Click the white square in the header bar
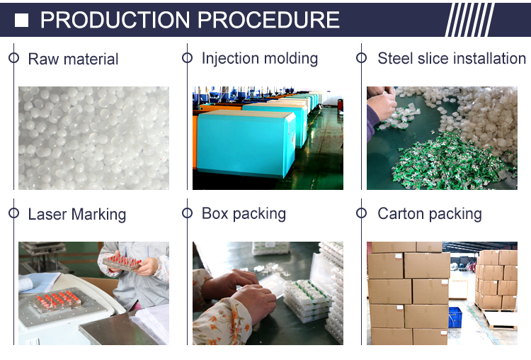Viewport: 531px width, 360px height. (x=21, y=21)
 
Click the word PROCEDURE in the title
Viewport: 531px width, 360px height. (x=268, y=20)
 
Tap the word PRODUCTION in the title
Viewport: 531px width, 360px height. (x=115, y=20)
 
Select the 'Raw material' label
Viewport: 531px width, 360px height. (x=73, y=59)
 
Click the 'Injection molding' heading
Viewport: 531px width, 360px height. (x=260, y=58)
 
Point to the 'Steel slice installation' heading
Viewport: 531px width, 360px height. (x=452, y=58)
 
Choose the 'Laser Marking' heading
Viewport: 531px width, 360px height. (x=77, y=215)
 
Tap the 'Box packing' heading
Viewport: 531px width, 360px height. (x=244, y=214)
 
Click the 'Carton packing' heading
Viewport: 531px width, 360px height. (x=430, y=214)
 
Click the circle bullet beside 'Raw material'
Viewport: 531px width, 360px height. (x=13, y=58)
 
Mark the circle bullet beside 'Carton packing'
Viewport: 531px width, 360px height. (x=361, y=213)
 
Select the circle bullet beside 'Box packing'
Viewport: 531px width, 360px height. (x=187, y=213)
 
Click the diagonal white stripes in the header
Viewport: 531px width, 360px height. (x=470, y=20)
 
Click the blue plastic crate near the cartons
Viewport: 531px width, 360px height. (x=455, y=317)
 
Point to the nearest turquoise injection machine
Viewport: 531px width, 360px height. (x=243, y=144)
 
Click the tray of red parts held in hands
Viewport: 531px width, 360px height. (x=122, y=262)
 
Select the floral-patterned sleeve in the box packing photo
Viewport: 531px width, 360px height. (x=222, y=322)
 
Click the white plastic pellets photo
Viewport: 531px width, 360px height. (x=93, y=138)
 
